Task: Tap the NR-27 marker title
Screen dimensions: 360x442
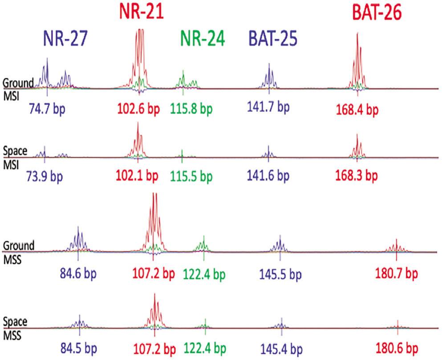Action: point(65,40)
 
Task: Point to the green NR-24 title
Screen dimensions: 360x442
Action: point(199,40)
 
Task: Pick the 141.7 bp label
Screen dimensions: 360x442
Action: point(268,107)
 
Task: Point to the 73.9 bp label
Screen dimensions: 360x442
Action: point(45,175)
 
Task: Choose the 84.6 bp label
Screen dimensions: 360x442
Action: point(77,272)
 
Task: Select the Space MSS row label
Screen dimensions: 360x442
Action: point(16,327)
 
